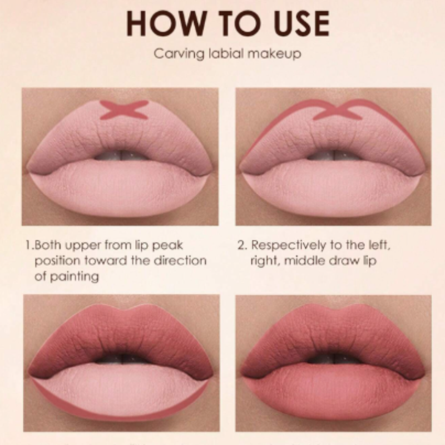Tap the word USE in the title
pos(301,23)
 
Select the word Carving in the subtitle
pos(179,53)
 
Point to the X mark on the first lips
pos(124,110)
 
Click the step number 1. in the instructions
pos(29,245)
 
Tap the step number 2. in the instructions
pos(243,245)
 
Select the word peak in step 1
pos(167,245)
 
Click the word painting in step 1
pos(75,276)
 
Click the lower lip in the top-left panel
pos(121,187)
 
